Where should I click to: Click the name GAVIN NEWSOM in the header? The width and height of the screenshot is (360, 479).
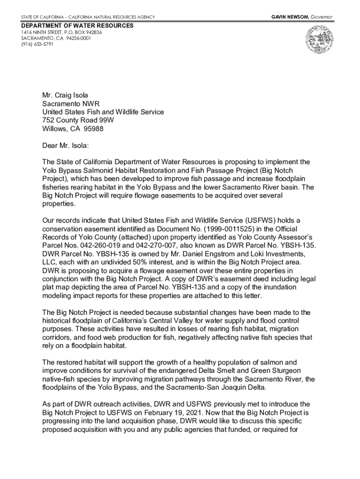pyautogui.click(x=288, y=17)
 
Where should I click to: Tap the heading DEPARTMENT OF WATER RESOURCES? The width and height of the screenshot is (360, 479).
pyautogui.click(x=77, y=25)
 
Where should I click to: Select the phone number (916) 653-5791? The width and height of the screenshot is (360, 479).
pyautogui.click(x=37, y=45)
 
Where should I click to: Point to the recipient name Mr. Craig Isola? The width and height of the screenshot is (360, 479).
pyautogui.click(x=65, y=95)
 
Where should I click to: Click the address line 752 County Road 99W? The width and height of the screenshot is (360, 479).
pyautogui.click(x=78, y=121)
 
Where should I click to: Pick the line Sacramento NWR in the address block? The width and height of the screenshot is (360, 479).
pyautogui.click(x=71, y=104)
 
